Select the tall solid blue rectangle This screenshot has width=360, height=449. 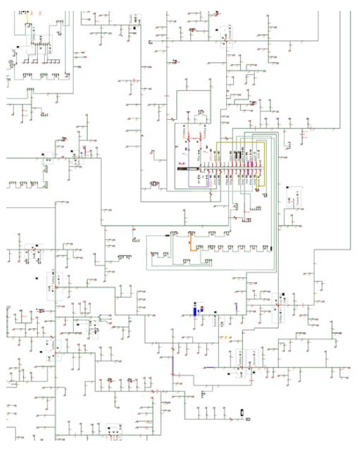196,311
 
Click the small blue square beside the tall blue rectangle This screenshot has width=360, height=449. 202,308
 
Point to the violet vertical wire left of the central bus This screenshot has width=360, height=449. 188,179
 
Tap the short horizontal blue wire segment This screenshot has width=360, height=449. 209,368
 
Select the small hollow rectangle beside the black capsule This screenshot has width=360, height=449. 249,418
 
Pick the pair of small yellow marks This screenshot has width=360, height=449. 223,336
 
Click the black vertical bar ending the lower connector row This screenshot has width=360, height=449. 271,248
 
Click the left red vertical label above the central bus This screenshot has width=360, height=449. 186,135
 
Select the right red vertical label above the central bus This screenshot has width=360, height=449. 203,135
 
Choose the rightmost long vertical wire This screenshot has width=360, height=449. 351,128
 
